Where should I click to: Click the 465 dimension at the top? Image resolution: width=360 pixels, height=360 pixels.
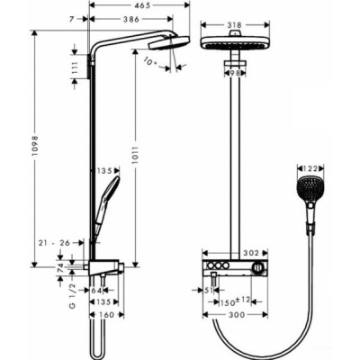[x=140, y=5]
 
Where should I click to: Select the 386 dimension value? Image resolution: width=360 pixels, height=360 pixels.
[x=131, y=19]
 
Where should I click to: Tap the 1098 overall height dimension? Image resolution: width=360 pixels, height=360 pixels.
[x=35, y=146]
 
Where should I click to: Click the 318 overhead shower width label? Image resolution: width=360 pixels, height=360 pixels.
[x=235, y=25]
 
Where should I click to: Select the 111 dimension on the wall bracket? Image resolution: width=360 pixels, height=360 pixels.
[x=75, y=68]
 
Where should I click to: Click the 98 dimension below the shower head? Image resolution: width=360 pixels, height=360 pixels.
[x=236, y=73]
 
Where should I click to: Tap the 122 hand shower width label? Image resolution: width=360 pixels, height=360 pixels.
[x=310, y=168]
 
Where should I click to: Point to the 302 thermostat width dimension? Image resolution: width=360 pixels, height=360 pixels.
[x=250, y=254]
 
